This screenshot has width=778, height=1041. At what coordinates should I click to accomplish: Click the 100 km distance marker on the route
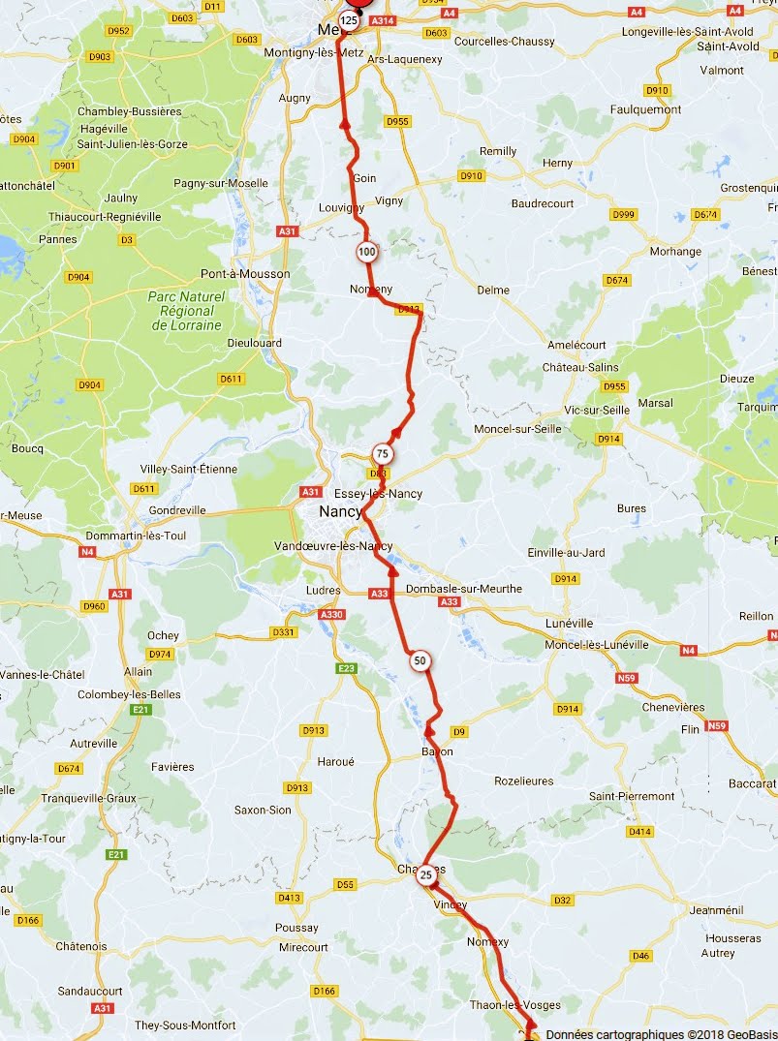pyautogui.click(x=366, y=253)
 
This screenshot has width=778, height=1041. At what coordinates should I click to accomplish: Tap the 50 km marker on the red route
pyautogui.click(x=420, y=662)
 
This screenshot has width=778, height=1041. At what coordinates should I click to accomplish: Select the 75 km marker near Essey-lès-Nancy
pyautogui.click(x=383, y=454)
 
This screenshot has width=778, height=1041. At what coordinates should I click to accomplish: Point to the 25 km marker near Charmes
pyautogui.click(x=426, y=876)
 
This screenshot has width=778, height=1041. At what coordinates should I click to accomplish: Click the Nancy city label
pyautogui.click(x=340, y=511)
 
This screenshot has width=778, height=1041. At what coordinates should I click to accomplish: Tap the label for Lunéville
pyautogui.click(x=569, y=623)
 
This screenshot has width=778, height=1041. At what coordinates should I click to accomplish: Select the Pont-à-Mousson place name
pyautogui.click(x=245, y=274)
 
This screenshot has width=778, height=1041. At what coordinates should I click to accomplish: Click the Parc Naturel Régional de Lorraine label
pyautogui.click(x=187, y=311)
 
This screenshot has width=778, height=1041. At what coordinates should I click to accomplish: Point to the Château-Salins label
pyautogui.click(x=579, y=368)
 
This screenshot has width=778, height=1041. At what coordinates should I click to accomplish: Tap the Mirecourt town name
pyautogui.click(x=303, y=947)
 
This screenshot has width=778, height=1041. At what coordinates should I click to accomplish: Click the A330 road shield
pyautogui.click(x=332, y=615)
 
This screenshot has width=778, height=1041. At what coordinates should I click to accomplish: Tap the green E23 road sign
pyautogui.click(x=346, y=668)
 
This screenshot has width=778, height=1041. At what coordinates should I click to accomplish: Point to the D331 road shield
pyautogui.click(x=283, y=632)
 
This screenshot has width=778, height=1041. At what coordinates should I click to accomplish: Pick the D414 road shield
pyautogui.click(x=639, y=831)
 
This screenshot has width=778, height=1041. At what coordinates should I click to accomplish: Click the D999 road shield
pyautogui.click(x=623, y=214)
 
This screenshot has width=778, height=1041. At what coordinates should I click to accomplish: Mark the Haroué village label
pyautogui.click(x=335, y=761)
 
